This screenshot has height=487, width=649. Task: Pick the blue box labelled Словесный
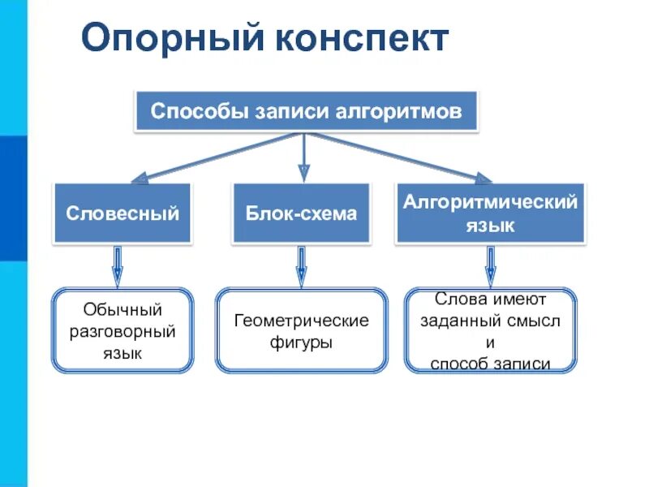122,213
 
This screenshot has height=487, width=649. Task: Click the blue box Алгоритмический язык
490,213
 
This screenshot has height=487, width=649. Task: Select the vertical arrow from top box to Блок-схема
303,157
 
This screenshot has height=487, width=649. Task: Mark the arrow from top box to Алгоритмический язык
398,156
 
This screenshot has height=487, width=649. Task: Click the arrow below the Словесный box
118,266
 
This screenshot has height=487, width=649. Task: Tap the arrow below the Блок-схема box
301,266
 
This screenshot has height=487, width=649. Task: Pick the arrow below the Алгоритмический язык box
490,266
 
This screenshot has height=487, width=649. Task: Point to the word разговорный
122,332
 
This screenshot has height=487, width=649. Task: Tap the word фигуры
301,343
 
